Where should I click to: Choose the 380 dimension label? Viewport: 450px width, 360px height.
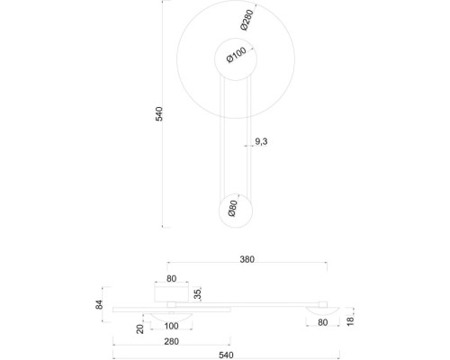click(247, 259)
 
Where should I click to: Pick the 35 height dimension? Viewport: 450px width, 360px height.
click(197, 293)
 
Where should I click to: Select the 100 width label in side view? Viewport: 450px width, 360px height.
click(170, 326)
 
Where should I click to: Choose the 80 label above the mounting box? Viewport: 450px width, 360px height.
click(171, 279)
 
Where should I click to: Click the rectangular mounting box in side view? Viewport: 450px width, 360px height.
click(171, 293)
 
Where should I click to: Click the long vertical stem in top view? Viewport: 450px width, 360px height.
click(232, 135)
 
